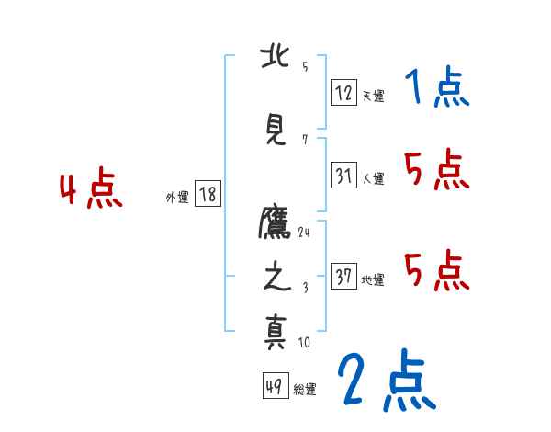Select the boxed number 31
point(343,175)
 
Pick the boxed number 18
point(208,194)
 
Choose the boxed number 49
point(274,386)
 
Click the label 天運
point(373,96)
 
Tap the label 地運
point(373,280)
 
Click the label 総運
point(304,390)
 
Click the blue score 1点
point(436,89)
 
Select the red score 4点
point(91,191)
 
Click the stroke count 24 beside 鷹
point(304,232)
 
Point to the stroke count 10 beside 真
point(304,343)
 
